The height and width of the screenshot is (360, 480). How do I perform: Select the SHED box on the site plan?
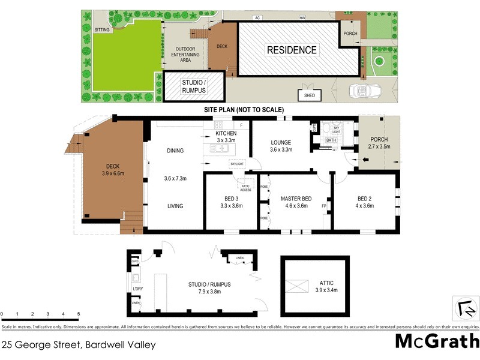[x=310, y=95]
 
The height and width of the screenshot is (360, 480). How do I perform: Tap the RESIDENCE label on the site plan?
[x=292, y=50]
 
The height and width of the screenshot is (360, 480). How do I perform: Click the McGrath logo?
[x=436, y=341]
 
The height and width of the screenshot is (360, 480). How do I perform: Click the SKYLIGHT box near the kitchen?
[x=236, y=164]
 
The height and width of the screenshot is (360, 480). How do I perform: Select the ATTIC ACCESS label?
[x=245, y=187]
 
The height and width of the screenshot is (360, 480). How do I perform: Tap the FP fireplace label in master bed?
[x=324, y=206]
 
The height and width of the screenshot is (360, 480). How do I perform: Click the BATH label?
[x=331, y=140]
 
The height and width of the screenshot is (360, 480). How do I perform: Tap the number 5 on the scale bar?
[x=79, y=314]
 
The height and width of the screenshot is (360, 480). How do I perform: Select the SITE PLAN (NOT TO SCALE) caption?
[x=243, y=110]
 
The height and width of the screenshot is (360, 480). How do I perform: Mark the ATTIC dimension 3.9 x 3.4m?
[x=326, y=290]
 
